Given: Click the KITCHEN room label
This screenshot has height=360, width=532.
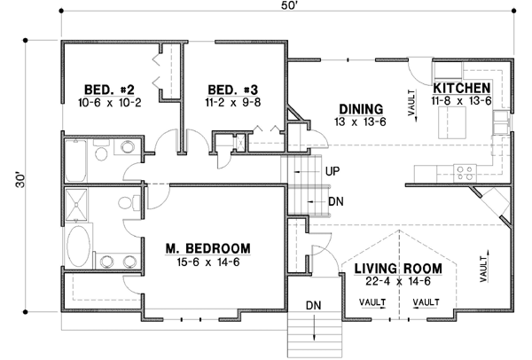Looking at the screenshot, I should tap(462, 89).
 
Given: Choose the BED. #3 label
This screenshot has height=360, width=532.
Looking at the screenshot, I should tap(233, 89).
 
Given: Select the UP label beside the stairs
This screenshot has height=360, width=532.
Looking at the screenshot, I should tap(334, 170).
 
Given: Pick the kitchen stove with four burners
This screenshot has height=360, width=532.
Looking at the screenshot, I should tap(463, 169).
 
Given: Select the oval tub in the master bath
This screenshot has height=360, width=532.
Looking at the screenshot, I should tap(80, 240).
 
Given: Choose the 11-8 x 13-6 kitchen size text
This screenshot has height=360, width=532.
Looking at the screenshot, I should tap(462, 104).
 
